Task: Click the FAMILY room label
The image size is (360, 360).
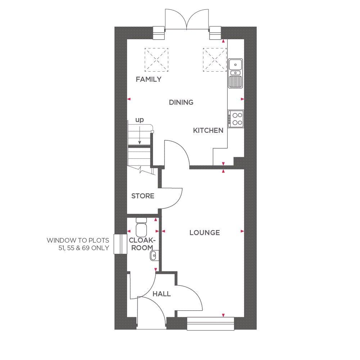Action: [149, 80]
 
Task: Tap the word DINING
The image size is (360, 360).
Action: [181, 102]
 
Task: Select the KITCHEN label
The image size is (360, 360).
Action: [208, 130]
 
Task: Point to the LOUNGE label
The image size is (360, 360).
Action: [204, 233]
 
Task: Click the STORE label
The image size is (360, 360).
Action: [143, 196]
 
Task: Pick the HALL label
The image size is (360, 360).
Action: [162, 294]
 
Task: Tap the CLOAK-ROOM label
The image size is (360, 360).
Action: [142, 244]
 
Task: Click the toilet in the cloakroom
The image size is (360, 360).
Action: [141, 227]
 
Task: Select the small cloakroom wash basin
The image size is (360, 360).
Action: [154, 255]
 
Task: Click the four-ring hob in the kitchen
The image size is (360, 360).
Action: [236, 119]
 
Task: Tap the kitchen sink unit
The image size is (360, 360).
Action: [235, 73]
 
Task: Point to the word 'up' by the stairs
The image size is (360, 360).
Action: [140, 120]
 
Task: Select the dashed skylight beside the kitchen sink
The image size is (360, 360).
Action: [215, 60]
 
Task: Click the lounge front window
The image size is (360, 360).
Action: [211, 324]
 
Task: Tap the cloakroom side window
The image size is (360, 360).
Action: [120, 244]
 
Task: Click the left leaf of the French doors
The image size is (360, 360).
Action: [176, 19]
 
